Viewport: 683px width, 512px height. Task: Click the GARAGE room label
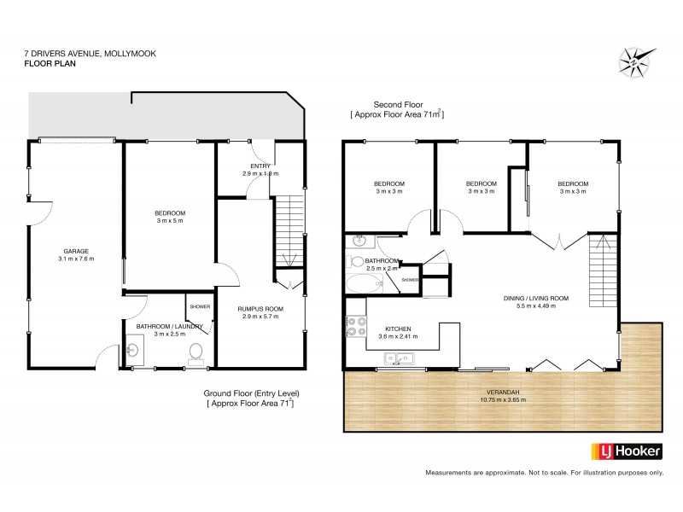click(x=75, y=251)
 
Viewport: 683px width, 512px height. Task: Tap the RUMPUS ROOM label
click(x=260, y=308)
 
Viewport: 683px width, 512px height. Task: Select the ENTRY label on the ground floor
click(x=260, y=166)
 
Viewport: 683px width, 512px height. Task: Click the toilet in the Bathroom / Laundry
click(x=196, y=352)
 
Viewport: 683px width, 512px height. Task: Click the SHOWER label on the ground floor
click(x=200, y=306)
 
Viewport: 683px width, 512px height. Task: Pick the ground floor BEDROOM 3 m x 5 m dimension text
click(x=169, y=221)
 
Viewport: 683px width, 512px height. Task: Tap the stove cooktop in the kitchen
click(x=352, y=327)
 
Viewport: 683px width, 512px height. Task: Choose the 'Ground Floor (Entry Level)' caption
click(x=250, y=393)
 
